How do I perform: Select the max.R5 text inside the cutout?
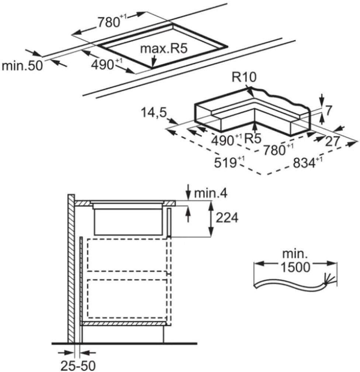click(160, 49)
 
